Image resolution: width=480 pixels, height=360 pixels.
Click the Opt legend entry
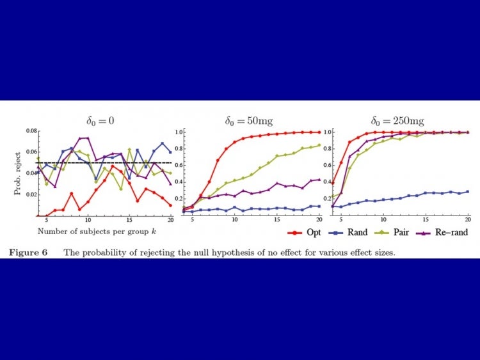pyautogui.click(x=310, y=232)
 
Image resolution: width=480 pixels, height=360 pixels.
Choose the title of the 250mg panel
pyautogui.click(x=397, y=120)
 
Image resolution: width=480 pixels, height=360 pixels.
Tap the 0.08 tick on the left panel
pyautogui.click(x=30, y=132)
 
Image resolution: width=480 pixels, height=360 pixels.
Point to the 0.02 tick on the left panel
pyautogui.click(x=30, y=194)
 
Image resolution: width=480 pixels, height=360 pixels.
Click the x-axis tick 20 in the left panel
pyautogui.click(x=170, y=220)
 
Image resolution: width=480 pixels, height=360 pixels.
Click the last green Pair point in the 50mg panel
pyautogui.click(x=319, y=145)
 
